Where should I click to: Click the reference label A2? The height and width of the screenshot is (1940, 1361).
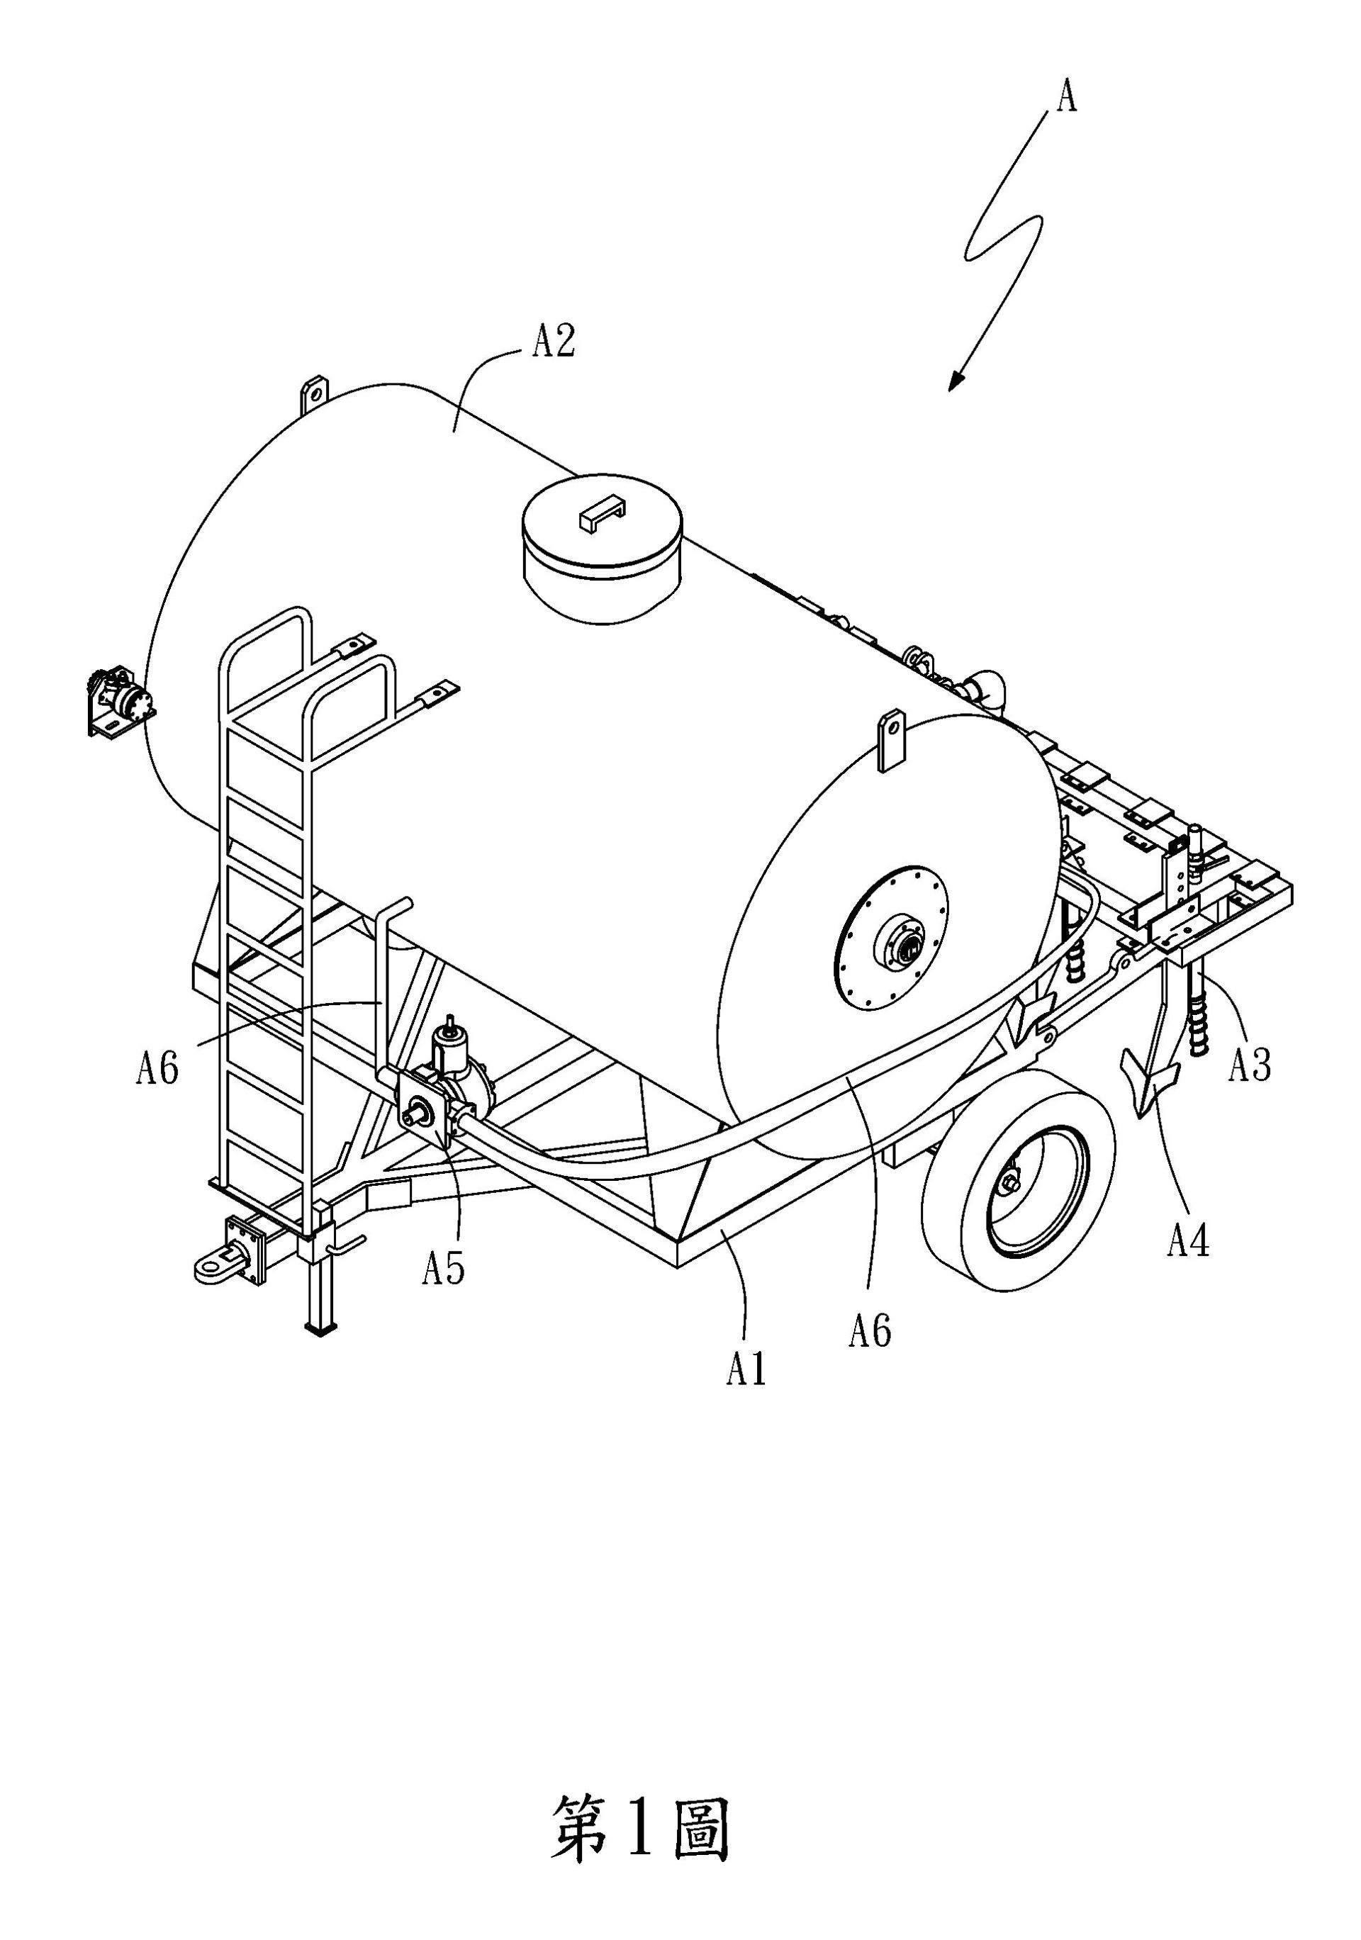click(554, 342)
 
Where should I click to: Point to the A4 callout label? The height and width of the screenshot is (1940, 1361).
click(1189, 1241)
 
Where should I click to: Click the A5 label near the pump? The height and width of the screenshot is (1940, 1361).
click(444, 1268)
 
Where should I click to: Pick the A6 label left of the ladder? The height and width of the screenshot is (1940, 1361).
click(157, 1069)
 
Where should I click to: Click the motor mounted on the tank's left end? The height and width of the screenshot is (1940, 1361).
click(118, 702)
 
